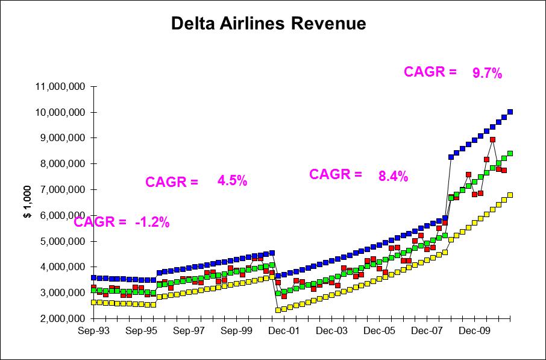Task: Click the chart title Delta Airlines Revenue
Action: (x=269, y=24)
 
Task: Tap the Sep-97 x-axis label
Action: (x=190, y=331)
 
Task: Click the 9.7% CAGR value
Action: (x=487, y=74)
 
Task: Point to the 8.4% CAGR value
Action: (x=393, y=177)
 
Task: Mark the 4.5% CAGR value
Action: (x=232, y=182)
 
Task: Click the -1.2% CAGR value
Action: (x=152, y=223)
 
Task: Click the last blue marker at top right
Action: (x=510, y=112)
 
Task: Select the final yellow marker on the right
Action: (x=510, y=195)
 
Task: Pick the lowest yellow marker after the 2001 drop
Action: (x=278, y=310)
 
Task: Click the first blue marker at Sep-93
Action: (x=93, y=278)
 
